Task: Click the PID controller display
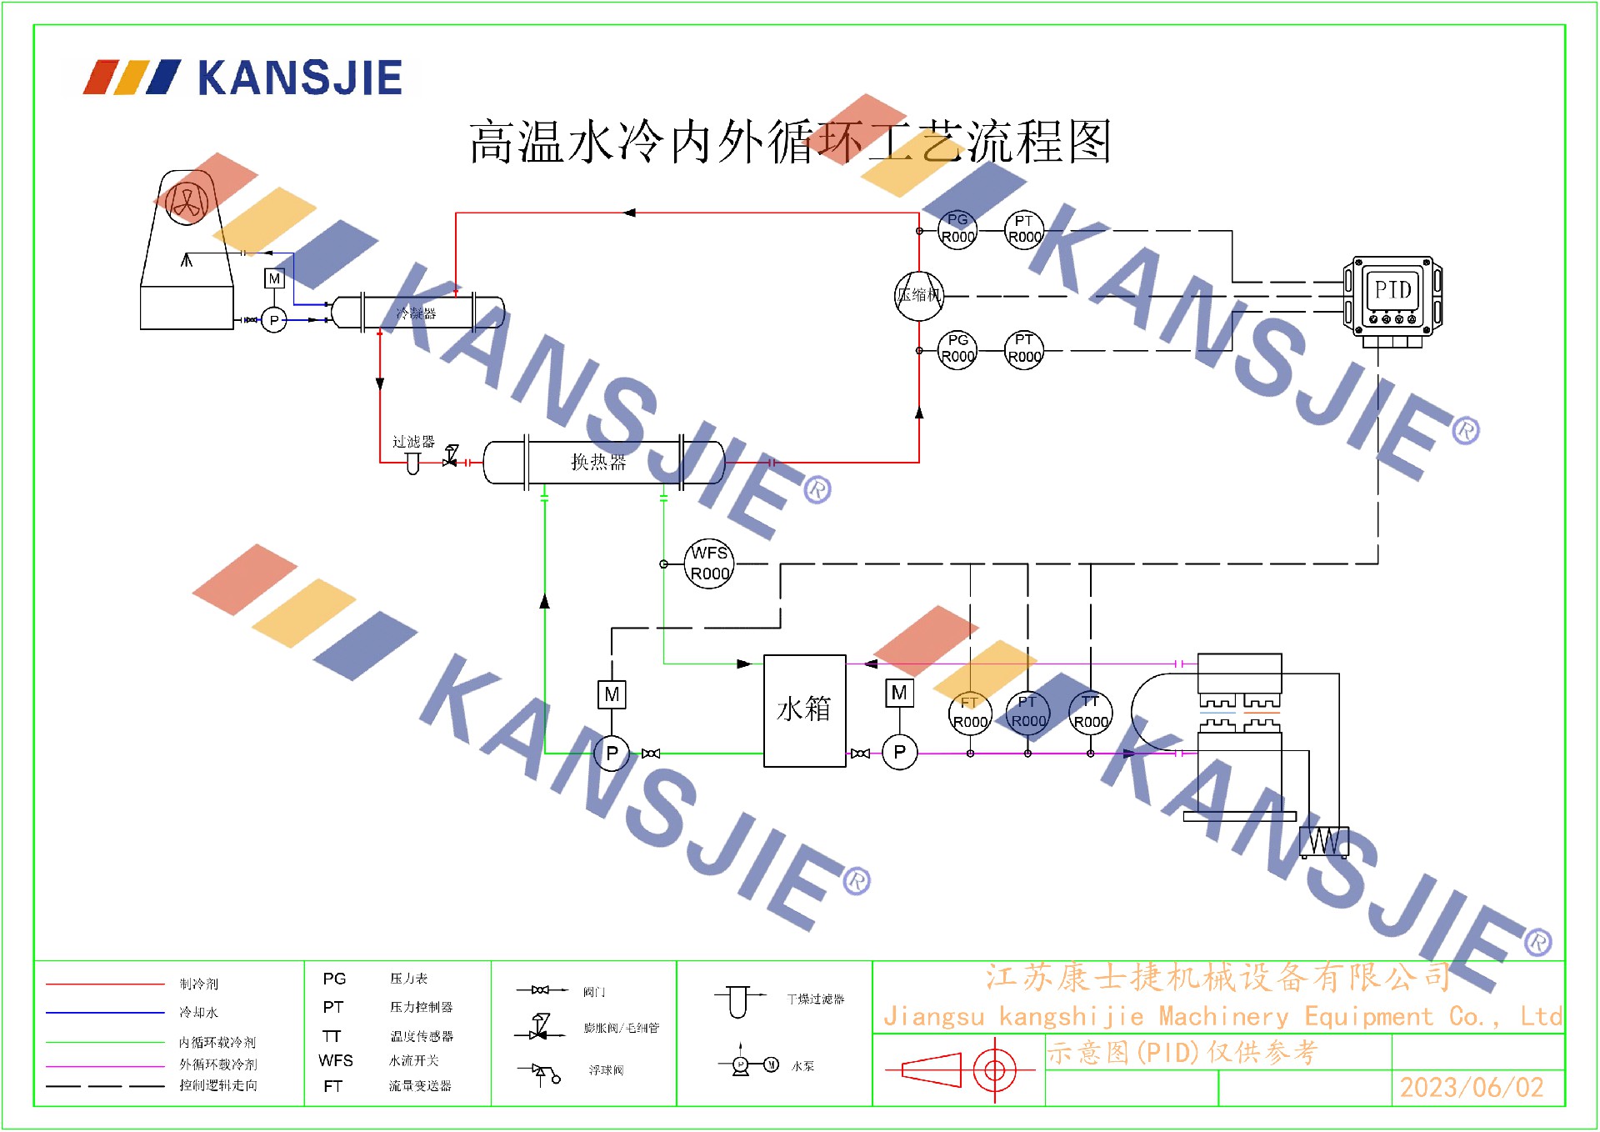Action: [1392, 291]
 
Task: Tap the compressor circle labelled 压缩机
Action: [918, 295]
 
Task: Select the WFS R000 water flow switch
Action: [709, 563]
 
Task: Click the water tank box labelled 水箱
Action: [804, 710]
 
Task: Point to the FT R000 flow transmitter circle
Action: [970, 714]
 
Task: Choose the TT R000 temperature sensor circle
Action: [1090, 714]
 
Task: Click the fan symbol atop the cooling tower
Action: [187, 202]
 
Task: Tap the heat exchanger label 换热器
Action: [597, 462]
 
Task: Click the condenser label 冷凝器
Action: [416, 313]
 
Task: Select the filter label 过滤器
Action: [413, 442]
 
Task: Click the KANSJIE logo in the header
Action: [243, 78]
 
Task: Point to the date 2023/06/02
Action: [1472, 1087]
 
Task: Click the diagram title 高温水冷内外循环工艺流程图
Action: [789, 142]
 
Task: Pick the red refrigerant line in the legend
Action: [105, 984]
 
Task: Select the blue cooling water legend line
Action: [105, 1013]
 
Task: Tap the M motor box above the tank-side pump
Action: [899, 693]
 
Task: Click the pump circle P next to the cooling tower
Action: [274, 320]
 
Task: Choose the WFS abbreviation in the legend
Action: [335, 1060]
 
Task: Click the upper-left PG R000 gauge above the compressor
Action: [957, 228]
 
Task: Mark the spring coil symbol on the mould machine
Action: [1324, 841]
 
